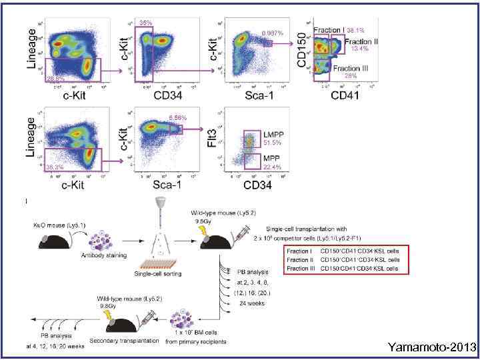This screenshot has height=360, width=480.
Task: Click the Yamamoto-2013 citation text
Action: pyautogui.click(x=434, y=347)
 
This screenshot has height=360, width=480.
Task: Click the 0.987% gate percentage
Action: pyautogui.click(x=273, y=33)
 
